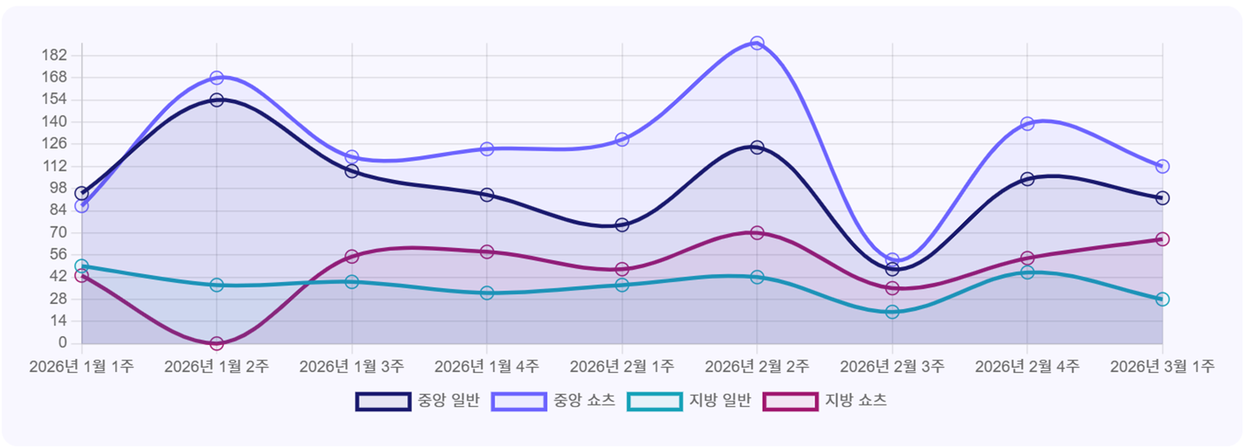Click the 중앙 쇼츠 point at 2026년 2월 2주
pyautogui.click(x=757, y=43)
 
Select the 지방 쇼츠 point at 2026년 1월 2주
pyautogui.click(x=217, y=343)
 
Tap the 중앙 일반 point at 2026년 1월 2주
pyautogui.click(x=217, y=100)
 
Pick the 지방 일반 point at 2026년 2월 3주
pyautogui.click(x=892, y=311)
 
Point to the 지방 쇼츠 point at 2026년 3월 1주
pyautogui.click(x=1163, y=239)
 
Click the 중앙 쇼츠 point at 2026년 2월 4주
pyautogui.click(x=1027, y=123)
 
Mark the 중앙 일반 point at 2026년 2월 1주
pyautogui.click(x=622, y=225)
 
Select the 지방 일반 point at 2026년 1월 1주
pyautogui.click(x=82, y=267)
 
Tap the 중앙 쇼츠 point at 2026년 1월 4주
pyautogui.click(x=487, y=149)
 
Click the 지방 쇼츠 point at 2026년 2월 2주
pyautogui.click(x=757, y=233)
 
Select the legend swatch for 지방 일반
pyautogui.click(x=654, y=401)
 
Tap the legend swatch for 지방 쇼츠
pyautogui.click(x=790, y=401)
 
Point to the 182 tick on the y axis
pyautogui.click(x=57, y=56)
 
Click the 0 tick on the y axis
pyautogui.click(x=62, y=343)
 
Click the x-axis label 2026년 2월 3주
pyautogui.click(x=892, y=366)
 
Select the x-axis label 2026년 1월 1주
pyautogui.click(x=82, y=366)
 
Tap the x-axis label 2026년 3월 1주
pyautogui.click(x=1162, y=366)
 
